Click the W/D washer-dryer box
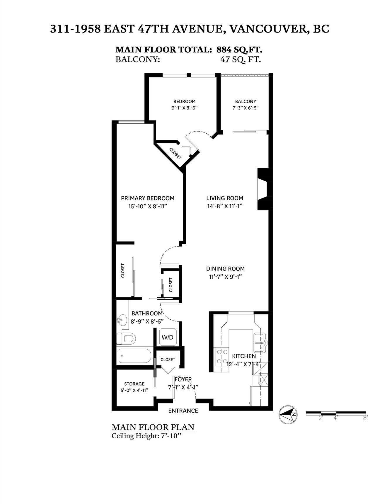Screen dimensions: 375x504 (x=168, y=337)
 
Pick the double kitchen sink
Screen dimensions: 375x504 (x=260, y=343)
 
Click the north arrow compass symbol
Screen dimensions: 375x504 (x=288, y=415)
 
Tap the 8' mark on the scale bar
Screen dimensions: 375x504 (x=365, y=418)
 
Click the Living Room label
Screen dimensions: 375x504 (x=225, y=198)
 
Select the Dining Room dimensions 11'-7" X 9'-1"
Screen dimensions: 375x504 (x=225, y=276)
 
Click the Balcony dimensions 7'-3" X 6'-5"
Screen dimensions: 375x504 (x=245, y=108)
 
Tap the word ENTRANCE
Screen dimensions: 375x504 (x=183, y=411)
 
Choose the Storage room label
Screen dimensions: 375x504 (x=134, y=384)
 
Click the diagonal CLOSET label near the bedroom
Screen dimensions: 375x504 (x=175, y=153)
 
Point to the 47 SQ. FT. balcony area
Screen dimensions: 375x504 (x=240, y=59)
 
